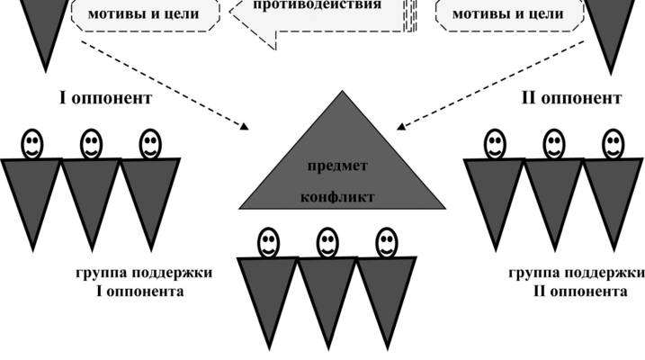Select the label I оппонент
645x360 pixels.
[x=105, y=98]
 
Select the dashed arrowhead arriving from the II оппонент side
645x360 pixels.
[x=401, y=125]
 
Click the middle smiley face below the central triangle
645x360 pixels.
[x=327, y=240]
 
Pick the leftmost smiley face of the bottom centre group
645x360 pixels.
[x=268, y=240]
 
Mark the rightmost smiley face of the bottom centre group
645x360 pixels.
[x=386, y=240]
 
